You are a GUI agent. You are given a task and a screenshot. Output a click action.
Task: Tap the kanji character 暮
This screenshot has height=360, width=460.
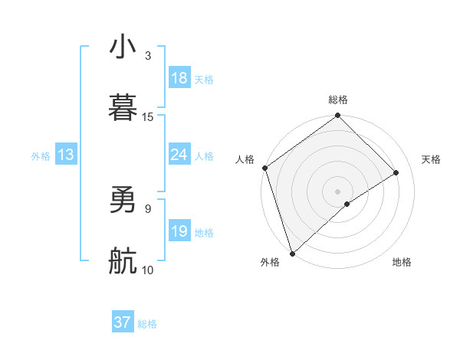(123, 107)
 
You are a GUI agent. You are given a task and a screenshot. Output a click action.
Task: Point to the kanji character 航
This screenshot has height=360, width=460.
(123, 262)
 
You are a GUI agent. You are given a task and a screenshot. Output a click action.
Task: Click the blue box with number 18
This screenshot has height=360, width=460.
(179, 78)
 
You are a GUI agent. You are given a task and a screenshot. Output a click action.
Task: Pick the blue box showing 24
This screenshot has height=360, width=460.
(179, 155)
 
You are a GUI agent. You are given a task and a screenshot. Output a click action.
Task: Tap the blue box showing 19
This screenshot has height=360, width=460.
(179, 231)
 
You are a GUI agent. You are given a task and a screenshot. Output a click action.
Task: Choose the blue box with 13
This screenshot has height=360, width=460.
(66, 155)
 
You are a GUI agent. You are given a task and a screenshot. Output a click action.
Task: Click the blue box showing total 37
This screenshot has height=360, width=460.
(123, 322)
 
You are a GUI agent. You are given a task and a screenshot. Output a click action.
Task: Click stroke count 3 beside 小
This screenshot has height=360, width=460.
(147, 55)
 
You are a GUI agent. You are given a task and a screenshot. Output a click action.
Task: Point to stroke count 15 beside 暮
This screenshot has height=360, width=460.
(148, 116)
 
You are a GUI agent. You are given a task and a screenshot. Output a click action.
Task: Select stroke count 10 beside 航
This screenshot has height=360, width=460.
(148, 270)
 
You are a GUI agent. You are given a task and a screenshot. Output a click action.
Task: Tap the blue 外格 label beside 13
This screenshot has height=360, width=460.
(41, 155)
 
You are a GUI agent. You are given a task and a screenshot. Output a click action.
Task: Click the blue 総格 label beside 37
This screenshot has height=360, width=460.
(147, 324)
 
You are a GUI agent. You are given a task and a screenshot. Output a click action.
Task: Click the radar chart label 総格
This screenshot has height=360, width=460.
(338, 100)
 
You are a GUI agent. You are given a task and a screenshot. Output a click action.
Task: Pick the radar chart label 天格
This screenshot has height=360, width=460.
(432, 159)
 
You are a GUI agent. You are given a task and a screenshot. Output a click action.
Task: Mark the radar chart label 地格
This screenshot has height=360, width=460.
(402, 262)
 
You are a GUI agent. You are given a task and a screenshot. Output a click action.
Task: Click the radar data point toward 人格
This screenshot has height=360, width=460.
(264, 168)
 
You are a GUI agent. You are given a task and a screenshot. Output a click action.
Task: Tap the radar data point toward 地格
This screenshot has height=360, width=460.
(347, 204)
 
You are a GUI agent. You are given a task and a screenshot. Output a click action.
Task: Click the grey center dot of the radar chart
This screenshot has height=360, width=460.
(337, 191)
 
